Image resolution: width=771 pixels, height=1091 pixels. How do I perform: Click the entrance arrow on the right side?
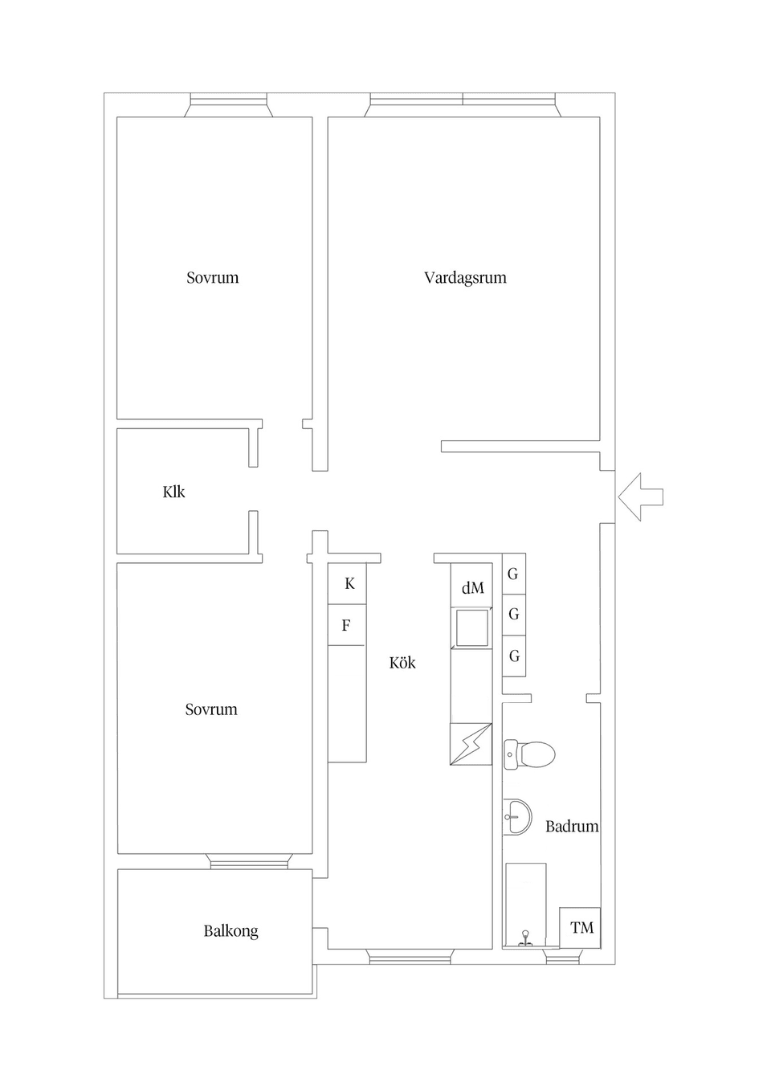click(x=641, y=497)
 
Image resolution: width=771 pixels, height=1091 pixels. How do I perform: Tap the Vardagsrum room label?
click(x=465, y=278)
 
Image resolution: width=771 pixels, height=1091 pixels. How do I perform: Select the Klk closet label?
click(x=173, y=492)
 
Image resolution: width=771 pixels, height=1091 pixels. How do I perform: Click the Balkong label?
click(x=230, y=931)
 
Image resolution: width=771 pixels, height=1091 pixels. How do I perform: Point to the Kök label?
click(x=402, y=663)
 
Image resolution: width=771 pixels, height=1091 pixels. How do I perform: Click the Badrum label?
click(x=572, y=826)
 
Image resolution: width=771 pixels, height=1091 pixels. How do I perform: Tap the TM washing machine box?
click(x=581, y=928)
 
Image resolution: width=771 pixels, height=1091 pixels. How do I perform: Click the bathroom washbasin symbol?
click(x=517, y=817)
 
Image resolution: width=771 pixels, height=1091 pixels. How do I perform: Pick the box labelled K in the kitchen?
click(x=348, y=584)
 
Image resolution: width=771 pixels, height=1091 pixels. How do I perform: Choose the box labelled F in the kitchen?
click(x=346, y=625)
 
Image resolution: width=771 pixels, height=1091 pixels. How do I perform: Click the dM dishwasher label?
click(x=472, y=588)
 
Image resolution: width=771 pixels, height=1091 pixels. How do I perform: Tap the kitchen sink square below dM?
click(x=471, y=627)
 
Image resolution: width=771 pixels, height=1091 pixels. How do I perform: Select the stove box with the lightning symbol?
click(x=471, y=744)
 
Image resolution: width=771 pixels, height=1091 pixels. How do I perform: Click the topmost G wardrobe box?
click(x=514, y=574)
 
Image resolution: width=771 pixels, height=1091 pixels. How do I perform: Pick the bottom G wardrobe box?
click(x=514, y=656)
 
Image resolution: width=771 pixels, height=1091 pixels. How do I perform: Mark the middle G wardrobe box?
click(x=514, y=615)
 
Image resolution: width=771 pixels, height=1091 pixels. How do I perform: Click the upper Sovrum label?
click(x=212, y=278)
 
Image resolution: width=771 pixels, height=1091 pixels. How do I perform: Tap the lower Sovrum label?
click(x=211, y=709)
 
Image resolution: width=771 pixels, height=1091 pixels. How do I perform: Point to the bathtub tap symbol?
click(x=525, y=937)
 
